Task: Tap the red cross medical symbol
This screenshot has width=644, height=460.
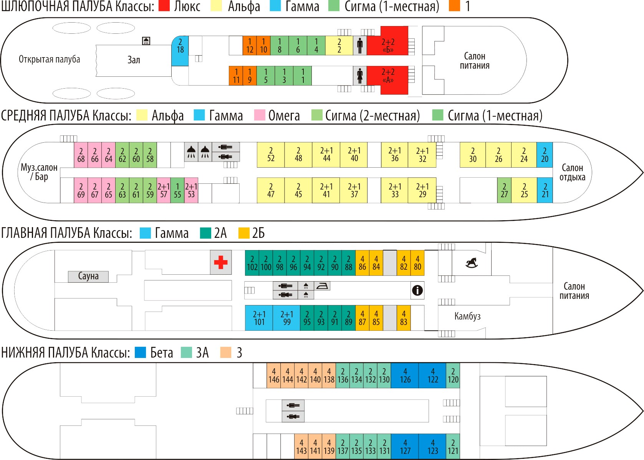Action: [221, 262]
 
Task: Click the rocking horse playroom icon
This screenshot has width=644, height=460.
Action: [472, 263]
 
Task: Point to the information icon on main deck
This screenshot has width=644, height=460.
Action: [417, 290]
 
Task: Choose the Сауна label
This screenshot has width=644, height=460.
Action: [88, 276]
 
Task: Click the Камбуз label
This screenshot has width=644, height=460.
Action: [467, 316]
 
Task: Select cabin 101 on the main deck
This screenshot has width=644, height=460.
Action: [259, 318]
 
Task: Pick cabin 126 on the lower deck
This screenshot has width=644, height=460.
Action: [405, 376]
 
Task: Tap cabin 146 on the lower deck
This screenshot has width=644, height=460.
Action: [274, 376]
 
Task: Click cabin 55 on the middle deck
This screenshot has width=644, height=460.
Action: [177, 190]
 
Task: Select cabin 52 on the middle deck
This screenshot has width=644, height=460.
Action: [271, 155]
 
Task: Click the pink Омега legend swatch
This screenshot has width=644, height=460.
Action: [260, 115]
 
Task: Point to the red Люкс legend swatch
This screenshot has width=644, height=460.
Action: [164, 6]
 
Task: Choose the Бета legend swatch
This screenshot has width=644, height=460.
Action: [141, 352]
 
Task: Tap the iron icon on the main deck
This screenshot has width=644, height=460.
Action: [322, 286]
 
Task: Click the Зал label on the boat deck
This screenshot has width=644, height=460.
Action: [134, 60]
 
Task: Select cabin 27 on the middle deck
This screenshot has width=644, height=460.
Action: [504, 190]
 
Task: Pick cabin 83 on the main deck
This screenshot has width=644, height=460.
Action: [404, 318]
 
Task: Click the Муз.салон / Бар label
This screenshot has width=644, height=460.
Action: [39, 172]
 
